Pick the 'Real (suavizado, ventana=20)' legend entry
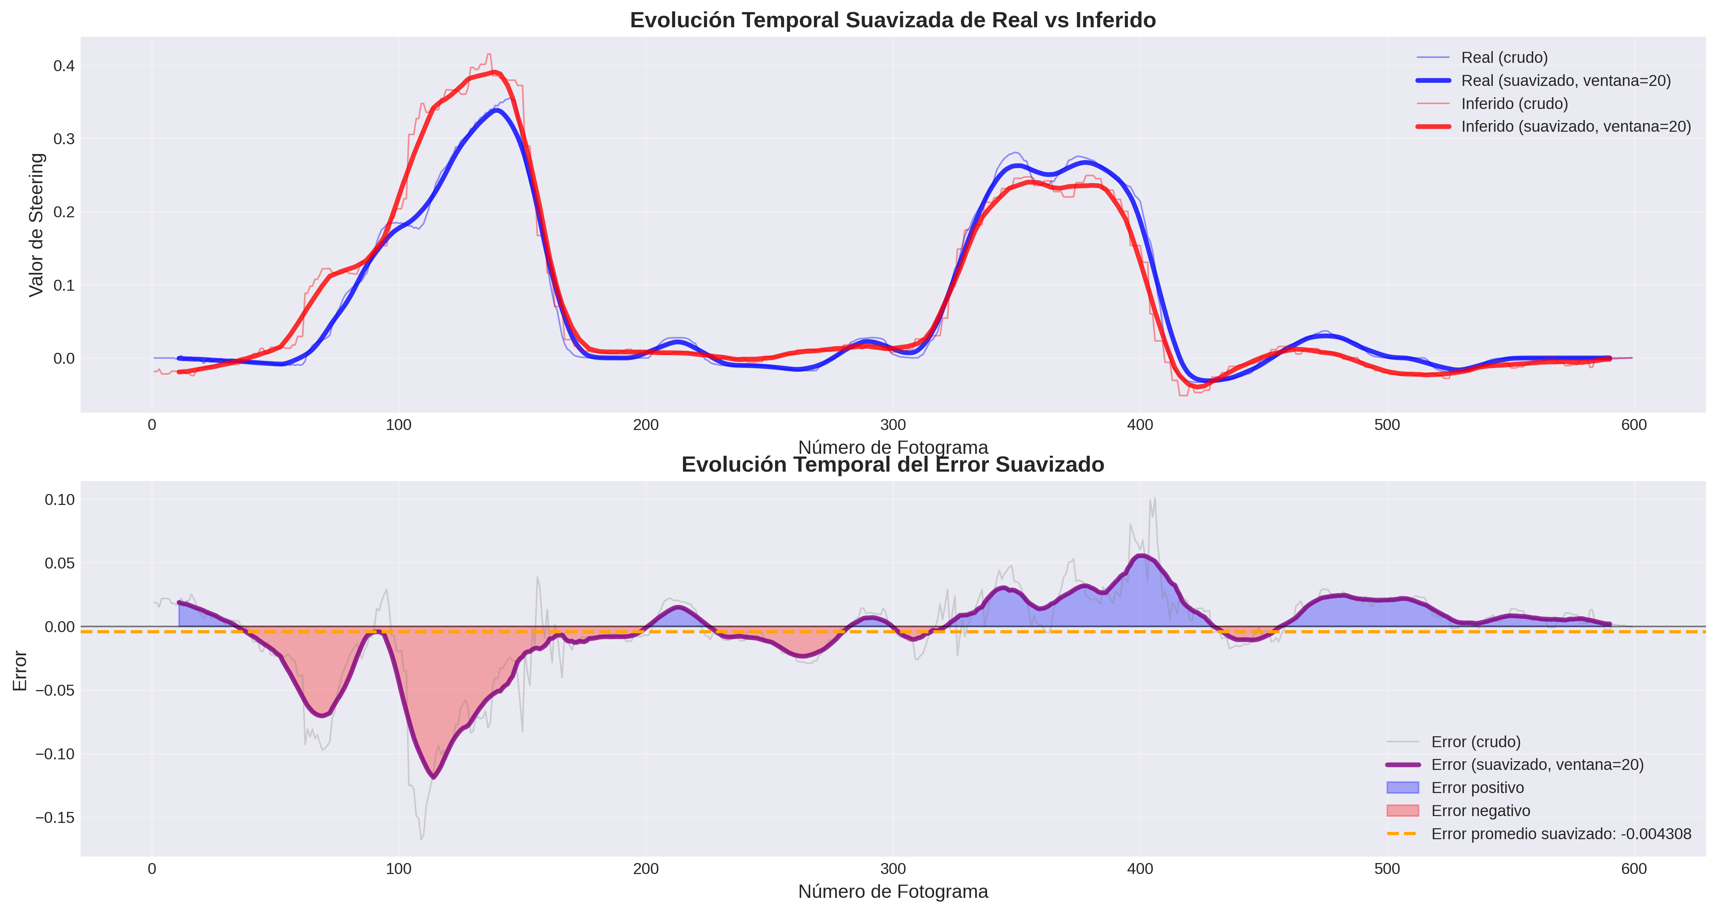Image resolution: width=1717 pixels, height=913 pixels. [1566, 81]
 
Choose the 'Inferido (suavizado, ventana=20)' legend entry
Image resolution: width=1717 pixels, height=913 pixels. [1576, 127]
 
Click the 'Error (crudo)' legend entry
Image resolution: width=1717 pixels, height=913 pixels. [1476, 742]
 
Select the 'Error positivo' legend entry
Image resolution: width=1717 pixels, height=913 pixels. [1477, 788]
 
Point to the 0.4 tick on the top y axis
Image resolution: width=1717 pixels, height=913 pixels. [64, 66]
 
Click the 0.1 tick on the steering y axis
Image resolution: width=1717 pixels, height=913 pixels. [64, 285]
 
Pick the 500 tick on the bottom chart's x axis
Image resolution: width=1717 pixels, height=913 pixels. [1387, 869]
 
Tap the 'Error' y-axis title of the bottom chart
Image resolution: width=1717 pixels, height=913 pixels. [20, 671]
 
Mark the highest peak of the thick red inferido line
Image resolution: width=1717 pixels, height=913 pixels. [494, 72]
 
